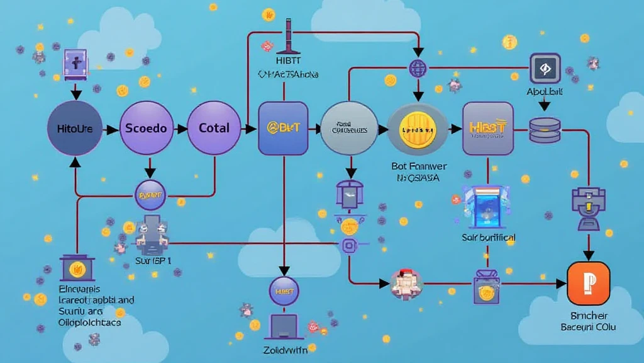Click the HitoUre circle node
pos(75,129)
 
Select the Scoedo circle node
pos(146,129)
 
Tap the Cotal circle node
pos(214,129)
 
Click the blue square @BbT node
pos(283,129)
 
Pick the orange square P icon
pos(588,284)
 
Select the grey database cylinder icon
pos(544,130)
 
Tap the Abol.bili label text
pos(545,92)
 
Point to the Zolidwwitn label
pos(284,348)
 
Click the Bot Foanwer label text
pos(418,167)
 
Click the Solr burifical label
pos(488,238)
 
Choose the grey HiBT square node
pos(487,129)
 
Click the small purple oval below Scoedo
pos(150,195)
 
